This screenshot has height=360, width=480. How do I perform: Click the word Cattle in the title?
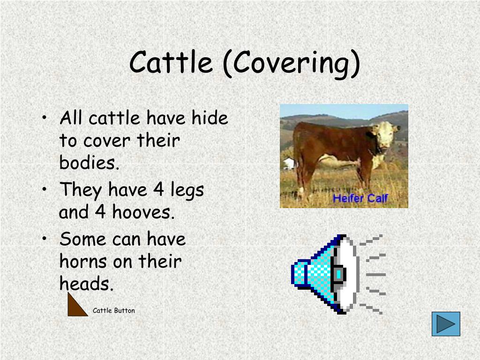[x=171, y=62]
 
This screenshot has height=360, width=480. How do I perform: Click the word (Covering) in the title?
[x=291, y=64]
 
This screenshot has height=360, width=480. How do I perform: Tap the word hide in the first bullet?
[x=210, y=118]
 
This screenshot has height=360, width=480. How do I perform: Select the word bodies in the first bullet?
[x=89, y=162]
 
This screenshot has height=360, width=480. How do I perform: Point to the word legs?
[x=187, y=190]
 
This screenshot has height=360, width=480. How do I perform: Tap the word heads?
[x=86, y=283]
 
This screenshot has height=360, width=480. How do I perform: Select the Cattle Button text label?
[x=113, y=310]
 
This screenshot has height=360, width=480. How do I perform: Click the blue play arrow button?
[x=446, y=324]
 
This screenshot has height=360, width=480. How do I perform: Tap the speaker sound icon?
[x=338, y=274]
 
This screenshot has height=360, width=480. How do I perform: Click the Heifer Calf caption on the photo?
[x=360, y=198]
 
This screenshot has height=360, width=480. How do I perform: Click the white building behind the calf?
[x=289, y=163]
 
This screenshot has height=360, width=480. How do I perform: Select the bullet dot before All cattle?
[x=45, y=117]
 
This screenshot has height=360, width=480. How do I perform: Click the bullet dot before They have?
[x=45, y=189]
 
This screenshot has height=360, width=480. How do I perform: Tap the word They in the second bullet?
[x=81, y=190]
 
